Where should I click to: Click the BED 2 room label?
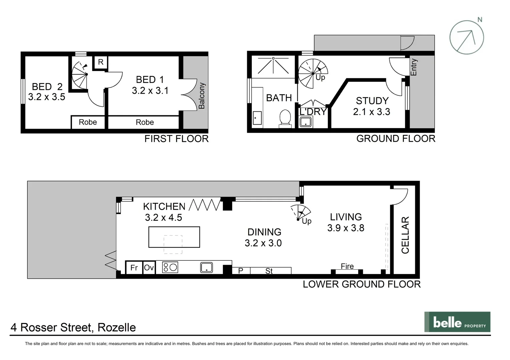click(x=47, y=87)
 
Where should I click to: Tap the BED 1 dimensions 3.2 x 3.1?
click(x=150, y=91)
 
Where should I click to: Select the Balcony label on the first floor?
click(x=201, y=96)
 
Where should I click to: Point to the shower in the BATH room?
click(x=273, y=66)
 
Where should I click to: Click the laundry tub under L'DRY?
click(x=306, y=122)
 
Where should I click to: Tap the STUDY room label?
click(x=372, y=101)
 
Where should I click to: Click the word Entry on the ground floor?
click(x=414, y=67)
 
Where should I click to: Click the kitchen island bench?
click(x=174, y=237)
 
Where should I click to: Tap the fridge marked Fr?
click(x=134, y=268)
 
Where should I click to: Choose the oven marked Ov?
click(x=149, y=268)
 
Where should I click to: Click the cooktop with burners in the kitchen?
click(x=170, y=267)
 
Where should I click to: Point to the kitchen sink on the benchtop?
click(x=206, y=267)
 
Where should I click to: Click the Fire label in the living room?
click(x=347, y=266)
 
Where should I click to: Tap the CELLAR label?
click(x=405, y=235)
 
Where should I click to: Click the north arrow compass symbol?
click(x=466, y=37)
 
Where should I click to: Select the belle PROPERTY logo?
click(x=457, y=322)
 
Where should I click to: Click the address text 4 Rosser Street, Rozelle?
click(x=73, y=327)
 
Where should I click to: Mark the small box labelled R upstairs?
click(x=100, y=62)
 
